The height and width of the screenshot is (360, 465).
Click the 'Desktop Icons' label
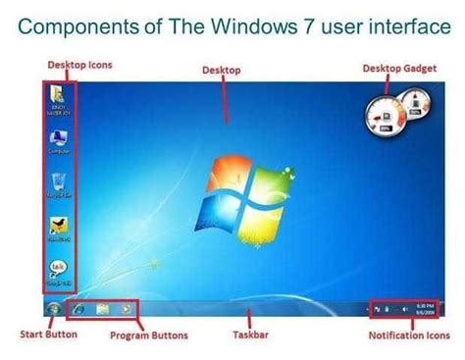[79, 65]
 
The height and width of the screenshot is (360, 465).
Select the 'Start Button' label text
[48, 334]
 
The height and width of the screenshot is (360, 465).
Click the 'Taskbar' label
[253, 334]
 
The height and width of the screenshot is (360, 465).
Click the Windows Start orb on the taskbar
[52, 309]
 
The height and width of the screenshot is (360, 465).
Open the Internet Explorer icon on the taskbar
[79, 309]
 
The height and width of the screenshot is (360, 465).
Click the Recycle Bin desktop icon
[58, 180]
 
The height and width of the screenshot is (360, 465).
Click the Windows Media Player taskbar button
[125, 309]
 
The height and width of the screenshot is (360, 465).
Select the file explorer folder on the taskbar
[102, 309]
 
